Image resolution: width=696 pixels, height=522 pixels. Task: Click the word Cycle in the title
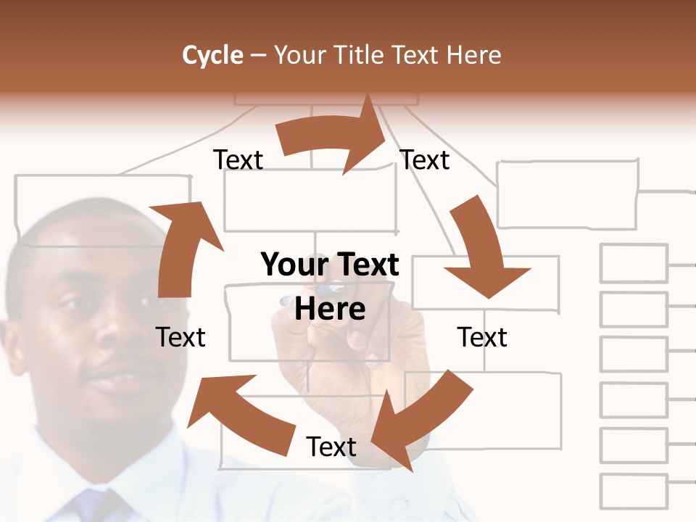pos(212,55)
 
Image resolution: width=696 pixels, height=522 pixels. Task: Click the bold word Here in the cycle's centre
pos(330,309)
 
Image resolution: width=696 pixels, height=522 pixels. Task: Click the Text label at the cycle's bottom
pos(331,447)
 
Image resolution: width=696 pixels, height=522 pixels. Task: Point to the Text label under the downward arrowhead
pos(482,337)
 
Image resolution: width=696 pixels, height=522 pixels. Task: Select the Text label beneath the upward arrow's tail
pos(181,337)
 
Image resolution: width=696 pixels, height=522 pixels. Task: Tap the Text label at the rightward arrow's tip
pos(425,159)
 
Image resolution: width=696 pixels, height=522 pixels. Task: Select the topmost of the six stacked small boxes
pos(634,263)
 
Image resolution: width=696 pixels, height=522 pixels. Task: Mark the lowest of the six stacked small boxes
pos(634,491)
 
